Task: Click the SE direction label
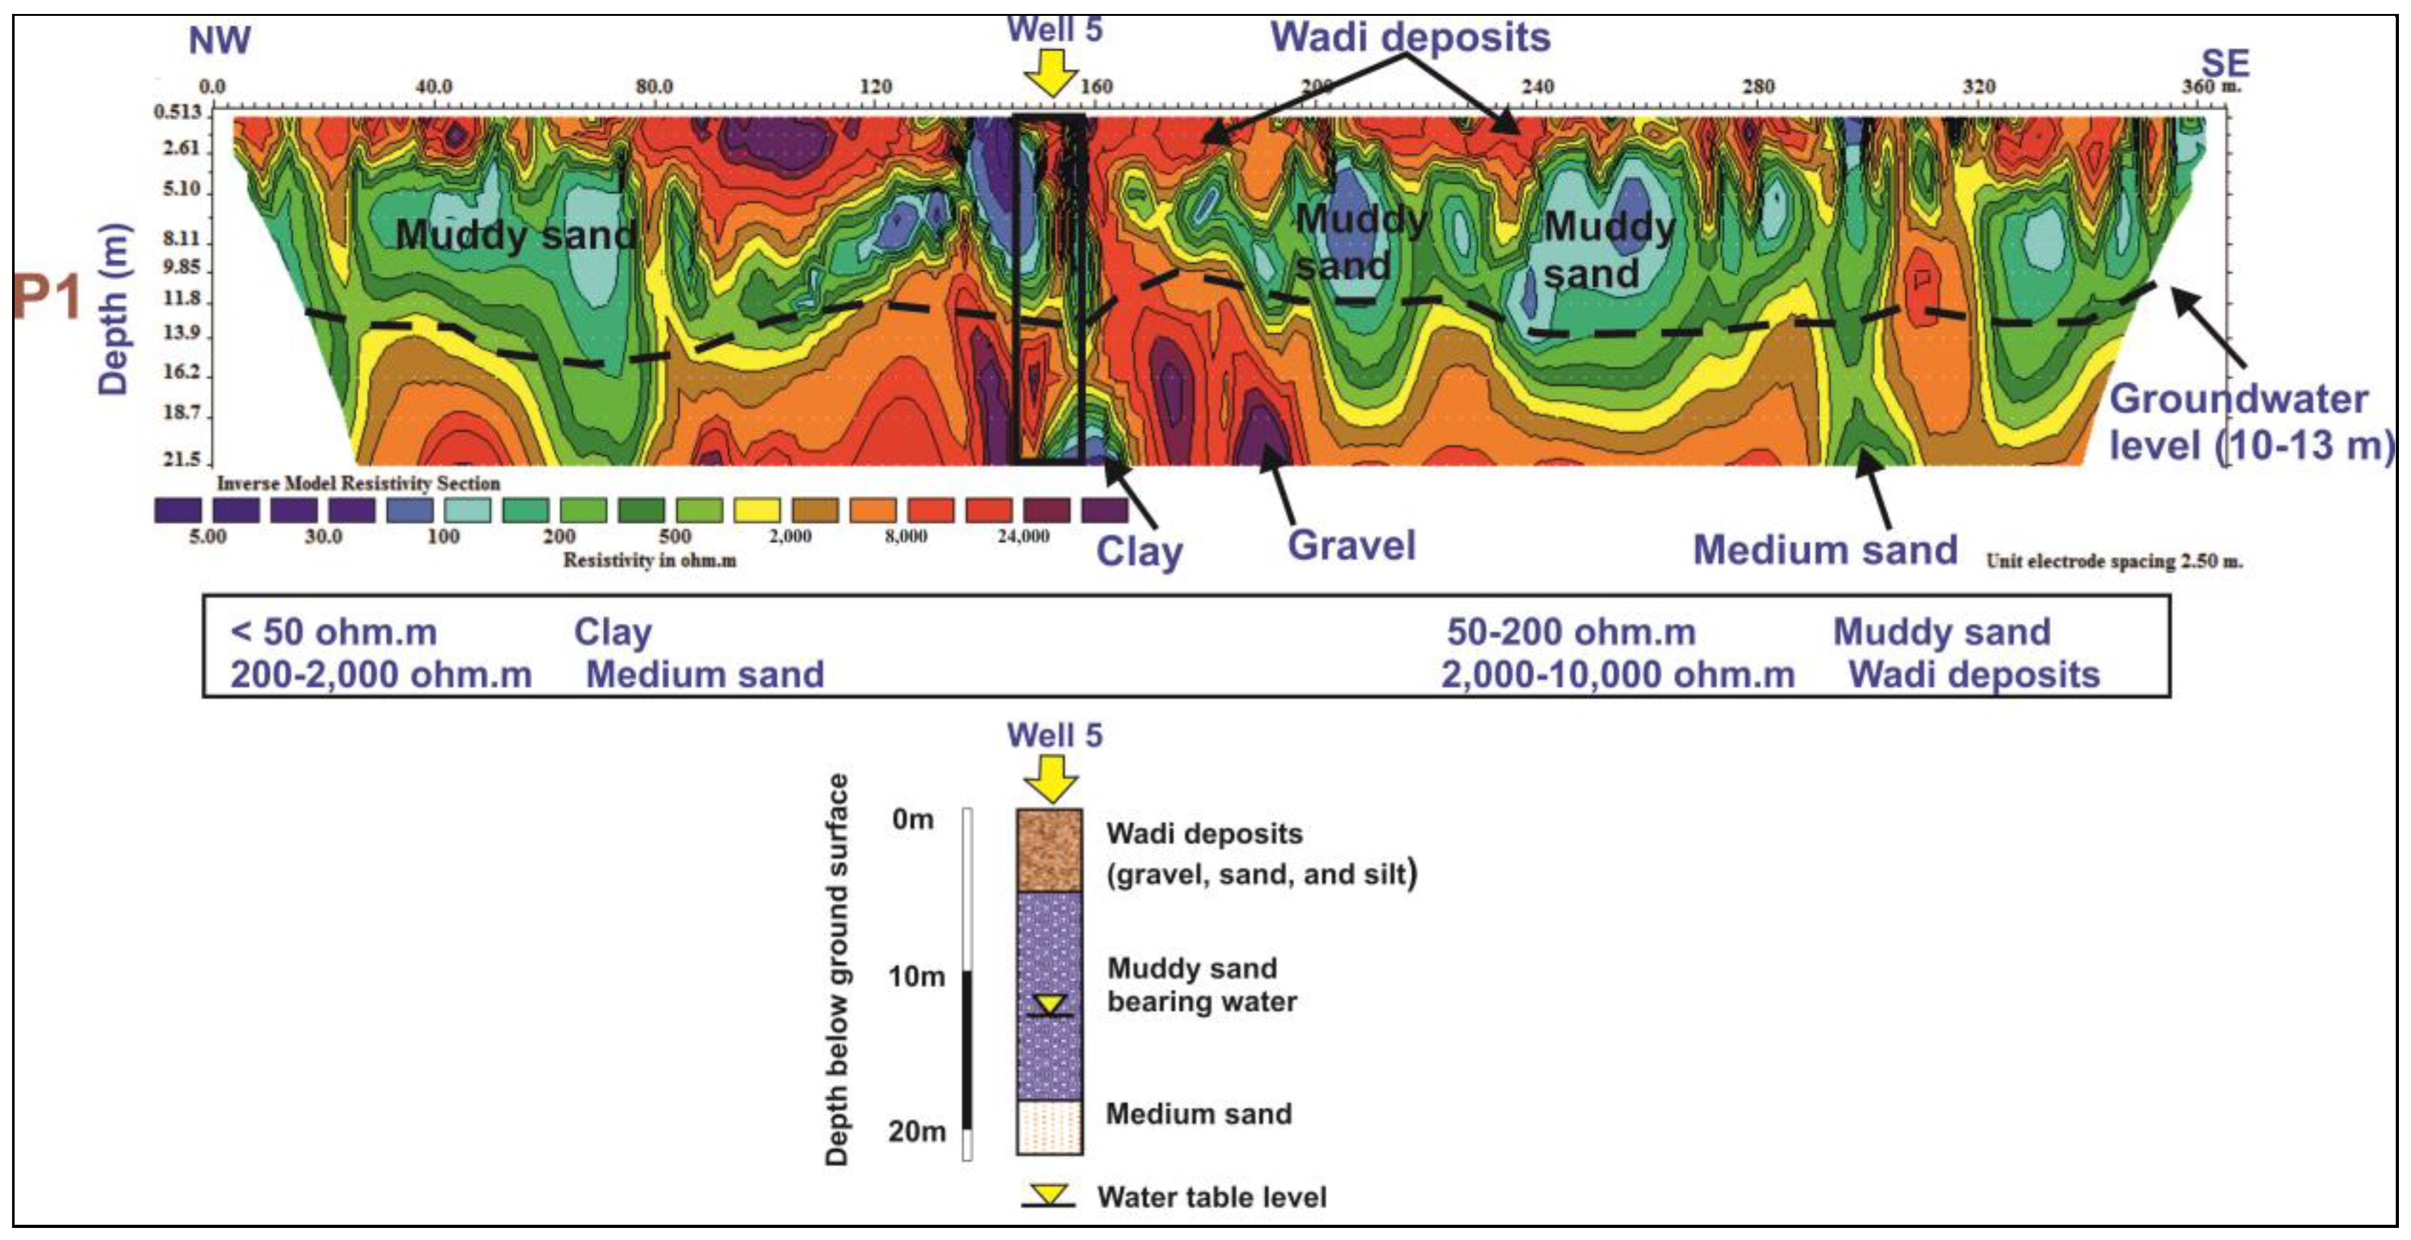pyautogui.click(x=2225, y=63)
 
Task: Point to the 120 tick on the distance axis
pyautogui.click(x=875, y=87)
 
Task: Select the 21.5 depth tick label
pyautogui.click(x=182, y=458)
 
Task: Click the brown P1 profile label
pyautogui.click(x=47, y=298)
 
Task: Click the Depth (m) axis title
pyautogui.click(x=113, y=309)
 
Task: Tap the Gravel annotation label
pyautogui.click(x=1351, y=545)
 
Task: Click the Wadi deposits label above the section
pyautogui.click(x=1409, y=37)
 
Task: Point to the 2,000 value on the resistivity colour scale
pyautogui.click(x=790, y=537)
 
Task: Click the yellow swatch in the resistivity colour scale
pyautogui.click(x=756, y=510)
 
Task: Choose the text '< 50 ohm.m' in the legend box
pyautogui.click(x=333, y=632)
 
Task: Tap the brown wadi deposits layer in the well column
pyautogui.click(x=1049, y=850)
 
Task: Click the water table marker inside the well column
pyautogui.click(x=1049, y=1006)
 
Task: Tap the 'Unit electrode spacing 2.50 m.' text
pyautogui.click(x=2113, y=561)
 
